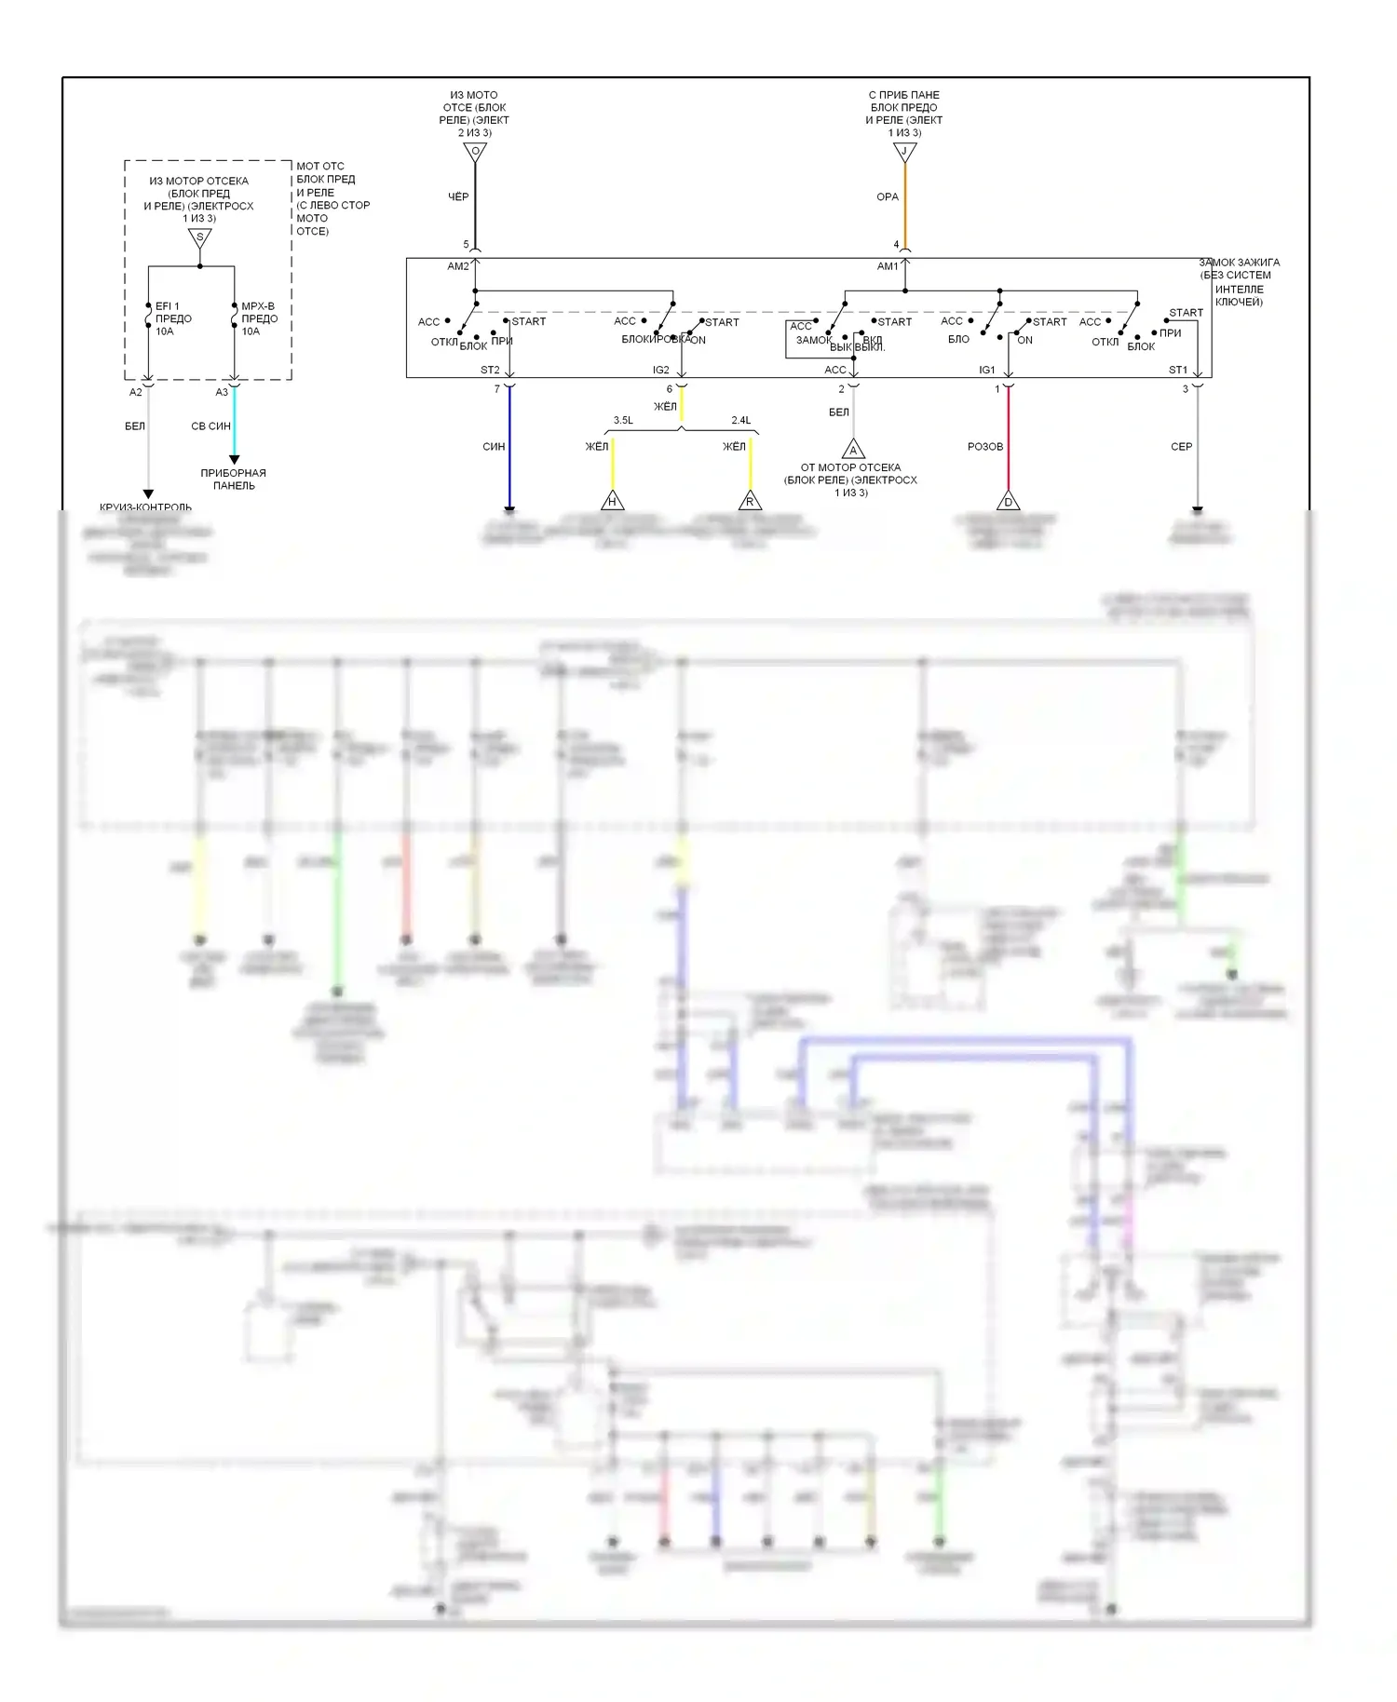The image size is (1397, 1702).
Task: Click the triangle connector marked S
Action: click(200, 238)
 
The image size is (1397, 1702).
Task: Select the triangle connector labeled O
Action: click(475, 152)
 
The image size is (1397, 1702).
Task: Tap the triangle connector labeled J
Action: click(904, 152)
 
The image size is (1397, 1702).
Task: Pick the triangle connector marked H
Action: click(612, 501)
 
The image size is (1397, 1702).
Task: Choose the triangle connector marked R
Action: click(750, 501)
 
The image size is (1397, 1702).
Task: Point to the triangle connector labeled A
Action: click(853, 450)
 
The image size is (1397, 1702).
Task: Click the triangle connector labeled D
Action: click(1008, 501)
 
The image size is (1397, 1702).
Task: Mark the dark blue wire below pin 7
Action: click(509, 447)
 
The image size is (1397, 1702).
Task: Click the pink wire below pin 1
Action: click(1008, 438)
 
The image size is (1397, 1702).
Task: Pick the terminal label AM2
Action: click(458, 266)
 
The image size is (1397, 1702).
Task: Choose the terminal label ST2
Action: click(490, 370)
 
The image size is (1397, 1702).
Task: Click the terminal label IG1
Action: click(987, 370)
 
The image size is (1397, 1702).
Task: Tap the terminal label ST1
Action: click(1178, 370)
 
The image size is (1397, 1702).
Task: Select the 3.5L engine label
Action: click(623, 421)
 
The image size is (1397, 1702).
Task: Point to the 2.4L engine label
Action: click(741, 421)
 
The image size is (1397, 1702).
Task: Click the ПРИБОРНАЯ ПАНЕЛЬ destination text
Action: click(234, 480)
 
